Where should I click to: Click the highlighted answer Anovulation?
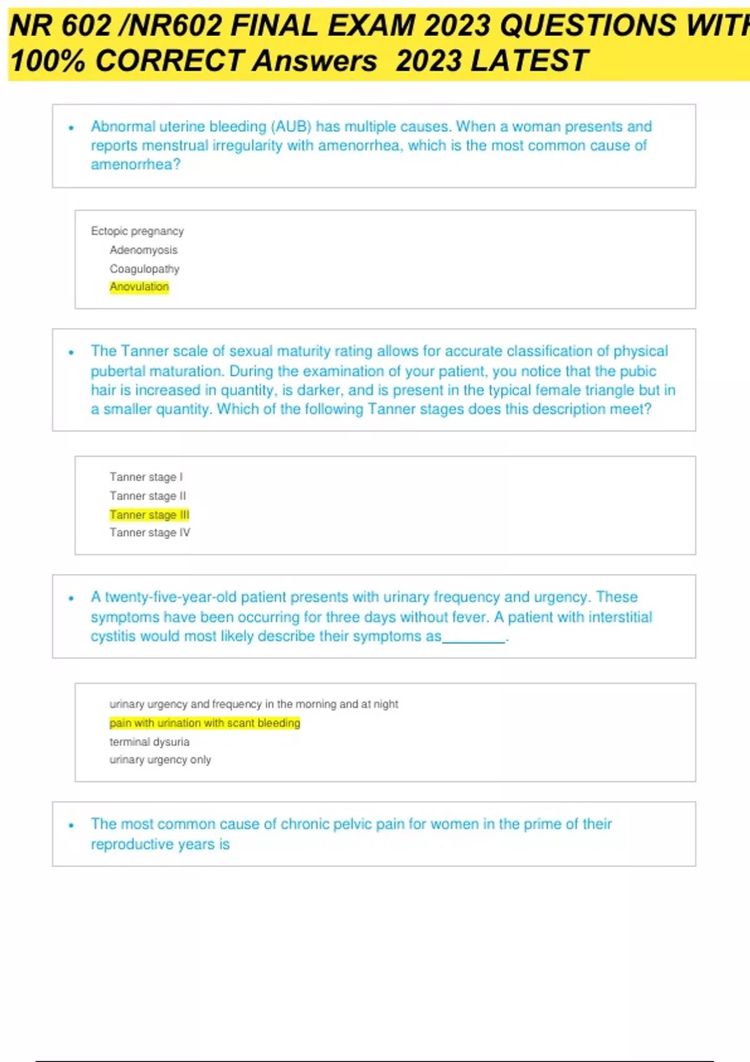click(139, 287)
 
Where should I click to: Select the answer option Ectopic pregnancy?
click(137, 231)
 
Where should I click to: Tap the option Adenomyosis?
click(143, 250)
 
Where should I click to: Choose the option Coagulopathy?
click(144, 269)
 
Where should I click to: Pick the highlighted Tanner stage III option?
click(149, 515)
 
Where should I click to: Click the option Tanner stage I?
click(146, 477)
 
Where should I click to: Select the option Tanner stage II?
click(147, 496)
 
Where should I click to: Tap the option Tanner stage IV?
click(150, 533)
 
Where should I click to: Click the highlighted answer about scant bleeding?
click(204, 723)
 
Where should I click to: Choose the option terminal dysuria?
click(149, 742)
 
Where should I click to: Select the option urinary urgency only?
click(160, 760)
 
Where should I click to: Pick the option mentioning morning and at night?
click(254, 704)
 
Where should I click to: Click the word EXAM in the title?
click(371, 26)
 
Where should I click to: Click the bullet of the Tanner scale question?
click(71, 352)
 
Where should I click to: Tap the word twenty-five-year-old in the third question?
click(170, 597)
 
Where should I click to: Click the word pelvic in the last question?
click(353, 824)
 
